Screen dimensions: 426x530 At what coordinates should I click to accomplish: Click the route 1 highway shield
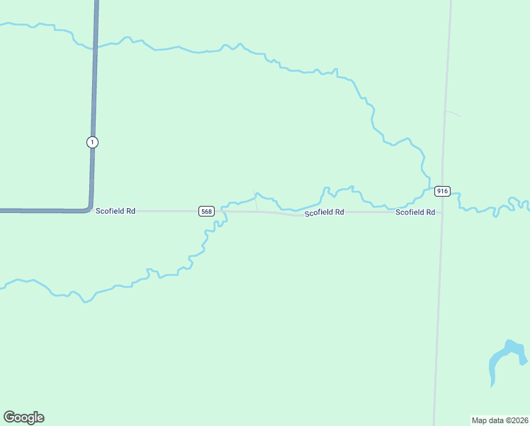click(92, 142)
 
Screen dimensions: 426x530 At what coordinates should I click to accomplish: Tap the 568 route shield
click(206, 211)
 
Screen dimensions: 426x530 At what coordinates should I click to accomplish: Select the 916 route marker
click(442, 191)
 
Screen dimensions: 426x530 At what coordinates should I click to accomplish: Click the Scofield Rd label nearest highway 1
click(115, 211)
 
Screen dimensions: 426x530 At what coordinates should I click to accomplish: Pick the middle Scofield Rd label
click(325, 212)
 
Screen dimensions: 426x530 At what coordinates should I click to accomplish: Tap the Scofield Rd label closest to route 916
click(415, 212)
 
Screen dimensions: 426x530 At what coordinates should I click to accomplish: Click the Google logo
click(23, 417)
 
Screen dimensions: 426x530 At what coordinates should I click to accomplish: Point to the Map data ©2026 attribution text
click(500, 420)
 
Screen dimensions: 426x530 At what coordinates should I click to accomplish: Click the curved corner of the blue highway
click(89, 206)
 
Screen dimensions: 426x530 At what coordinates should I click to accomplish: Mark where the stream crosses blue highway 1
click(95, 46)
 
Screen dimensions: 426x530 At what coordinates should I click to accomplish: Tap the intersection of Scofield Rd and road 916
click(441, 212)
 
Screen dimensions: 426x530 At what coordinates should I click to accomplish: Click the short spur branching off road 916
click(453, 114)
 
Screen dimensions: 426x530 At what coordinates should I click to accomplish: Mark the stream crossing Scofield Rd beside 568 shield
click(222, 211)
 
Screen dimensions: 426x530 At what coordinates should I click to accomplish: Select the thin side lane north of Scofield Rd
click(256, 203)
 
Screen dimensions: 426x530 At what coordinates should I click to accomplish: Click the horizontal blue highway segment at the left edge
click(28, 211)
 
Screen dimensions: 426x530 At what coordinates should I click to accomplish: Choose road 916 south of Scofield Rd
click(438, 319)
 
